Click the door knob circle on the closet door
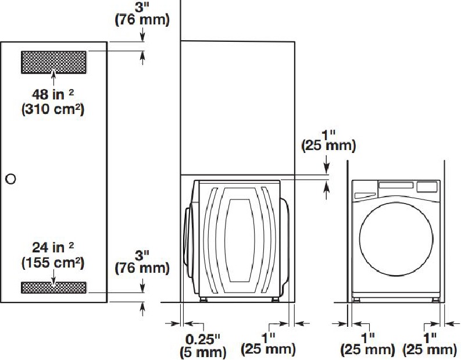pyautogui.click(x=10, y=179)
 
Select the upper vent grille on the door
pyautogui.click(x=54, y=62)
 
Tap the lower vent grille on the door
pyautogui.click(x=54, y=288)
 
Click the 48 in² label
pyautogui.click(x=53, y=94)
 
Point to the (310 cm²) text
pyautogui.click(x=53, y=109)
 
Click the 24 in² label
pyautogui.click(x=53, y=247)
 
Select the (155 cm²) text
pyautogui.click(x=53, y=263)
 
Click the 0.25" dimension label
pyautogui.click(x=203, y=339)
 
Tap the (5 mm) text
pyautogui.click(x=203, y=352)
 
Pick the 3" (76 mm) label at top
pyautogui.click(x=142, y=13)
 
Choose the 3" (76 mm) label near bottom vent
pyautogui.click(x=142, y=262)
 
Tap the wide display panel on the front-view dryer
pyautogui.click(x=396, y=186)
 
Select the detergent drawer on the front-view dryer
pyautogui.click(x=365, y=195)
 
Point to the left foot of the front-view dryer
pyautogui.click(x=356, y=300)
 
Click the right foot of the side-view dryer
pyautogui.click(x=275, y=300)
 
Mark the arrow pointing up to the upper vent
pyautogui.click(x=53, y=78)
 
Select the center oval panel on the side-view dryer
pyautogui.click(x=239, y=240)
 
